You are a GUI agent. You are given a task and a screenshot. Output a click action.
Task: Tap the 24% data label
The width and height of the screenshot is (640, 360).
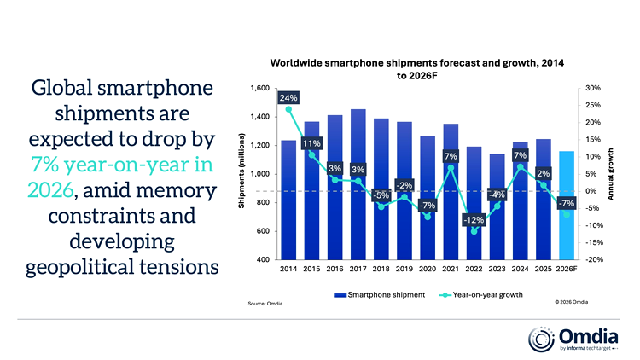288,97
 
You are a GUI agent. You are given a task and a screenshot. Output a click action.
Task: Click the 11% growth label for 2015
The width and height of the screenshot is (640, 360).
311,144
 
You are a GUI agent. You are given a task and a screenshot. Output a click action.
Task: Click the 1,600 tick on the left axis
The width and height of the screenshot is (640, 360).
259,89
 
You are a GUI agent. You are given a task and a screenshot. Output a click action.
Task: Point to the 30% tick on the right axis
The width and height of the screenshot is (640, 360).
594,89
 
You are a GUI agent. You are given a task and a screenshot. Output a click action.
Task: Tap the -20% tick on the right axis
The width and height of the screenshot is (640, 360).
593,259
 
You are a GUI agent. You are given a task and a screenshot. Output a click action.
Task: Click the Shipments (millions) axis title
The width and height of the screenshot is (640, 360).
241,174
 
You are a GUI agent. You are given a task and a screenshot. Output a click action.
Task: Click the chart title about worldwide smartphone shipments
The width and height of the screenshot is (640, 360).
417,69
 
